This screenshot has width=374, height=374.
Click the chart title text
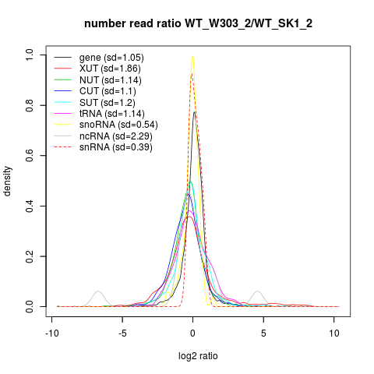coord(198,24)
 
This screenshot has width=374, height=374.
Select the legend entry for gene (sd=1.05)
coord(111,58)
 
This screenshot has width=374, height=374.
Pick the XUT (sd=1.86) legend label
coord(110,69)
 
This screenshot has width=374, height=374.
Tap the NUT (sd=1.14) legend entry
coord(111,80)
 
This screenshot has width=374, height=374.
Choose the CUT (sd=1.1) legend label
coord(108,91)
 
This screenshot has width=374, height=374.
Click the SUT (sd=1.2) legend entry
coord(108,103)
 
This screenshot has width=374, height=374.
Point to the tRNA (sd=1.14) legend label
coord(112,114)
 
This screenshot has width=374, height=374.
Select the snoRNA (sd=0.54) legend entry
coord(118,125)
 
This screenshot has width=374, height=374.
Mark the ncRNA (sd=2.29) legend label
coord(116,136)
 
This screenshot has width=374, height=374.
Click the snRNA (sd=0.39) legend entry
coord(116,147)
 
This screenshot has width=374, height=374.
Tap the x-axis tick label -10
coord(51,333)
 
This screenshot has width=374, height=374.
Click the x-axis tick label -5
coord(122,333)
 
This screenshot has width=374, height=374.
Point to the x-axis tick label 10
coord(334,333)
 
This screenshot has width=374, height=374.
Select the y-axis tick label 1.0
coord(30,55)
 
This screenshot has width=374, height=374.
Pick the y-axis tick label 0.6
coord(30,156)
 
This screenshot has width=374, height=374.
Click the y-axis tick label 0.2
coord(30,256)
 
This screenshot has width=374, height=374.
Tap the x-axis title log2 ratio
coord(198,356)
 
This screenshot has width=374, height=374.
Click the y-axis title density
coord(7,182)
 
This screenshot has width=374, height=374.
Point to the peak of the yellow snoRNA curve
coord(192,56)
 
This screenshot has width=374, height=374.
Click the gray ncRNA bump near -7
coord(98,291)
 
